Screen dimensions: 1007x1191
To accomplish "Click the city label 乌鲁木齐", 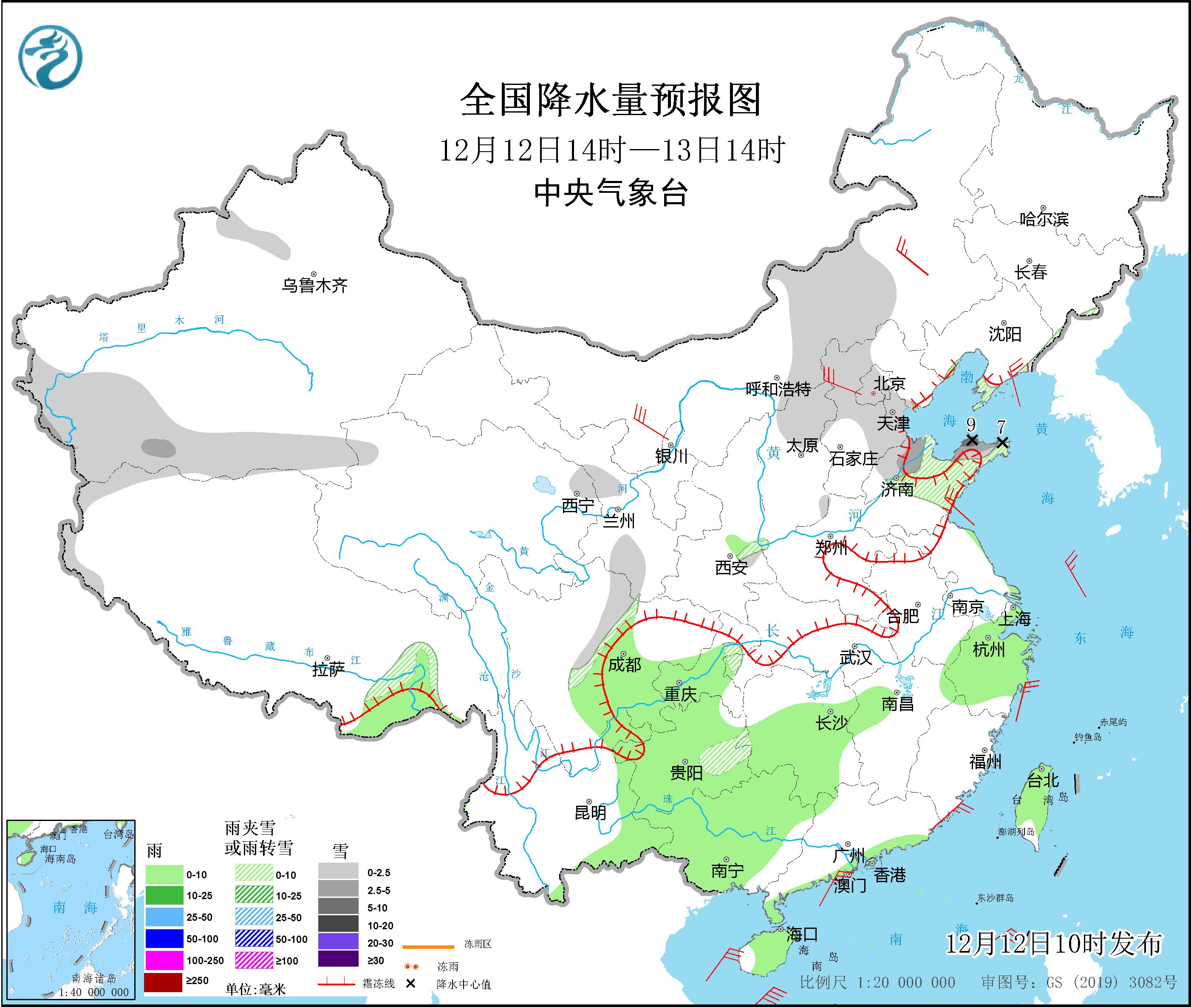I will coord(314,285).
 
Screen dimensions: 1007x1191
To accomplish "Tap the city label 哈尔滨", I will coord(1044,219).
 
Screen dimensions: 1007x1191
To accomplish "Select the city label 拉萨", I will coord(328,669).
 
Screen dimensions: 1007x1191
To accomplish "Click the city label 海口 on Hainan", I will coord(802,934).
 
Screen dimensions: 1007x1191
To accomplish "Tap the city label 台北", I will coord(1043,780).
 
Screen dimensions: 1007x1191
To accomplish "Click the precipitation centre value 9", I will coord(970,424).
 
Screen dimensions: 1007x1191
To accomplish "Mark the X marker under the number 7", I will coord(1002,443).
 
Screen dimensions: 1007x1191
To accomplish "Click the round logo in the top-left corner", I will coord(50,57).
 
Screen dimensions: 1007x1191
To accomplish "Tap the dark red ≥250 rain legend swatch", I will coord(163,981).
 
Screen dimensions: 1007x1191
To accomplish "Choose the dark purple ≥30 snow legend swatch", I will coord(338,959).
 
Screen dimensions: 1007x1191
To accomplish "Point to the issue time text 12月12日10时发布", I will coord(1053,944).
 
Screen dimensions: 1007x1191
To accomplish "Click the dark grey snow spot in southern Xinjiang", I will coord(159,448).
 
